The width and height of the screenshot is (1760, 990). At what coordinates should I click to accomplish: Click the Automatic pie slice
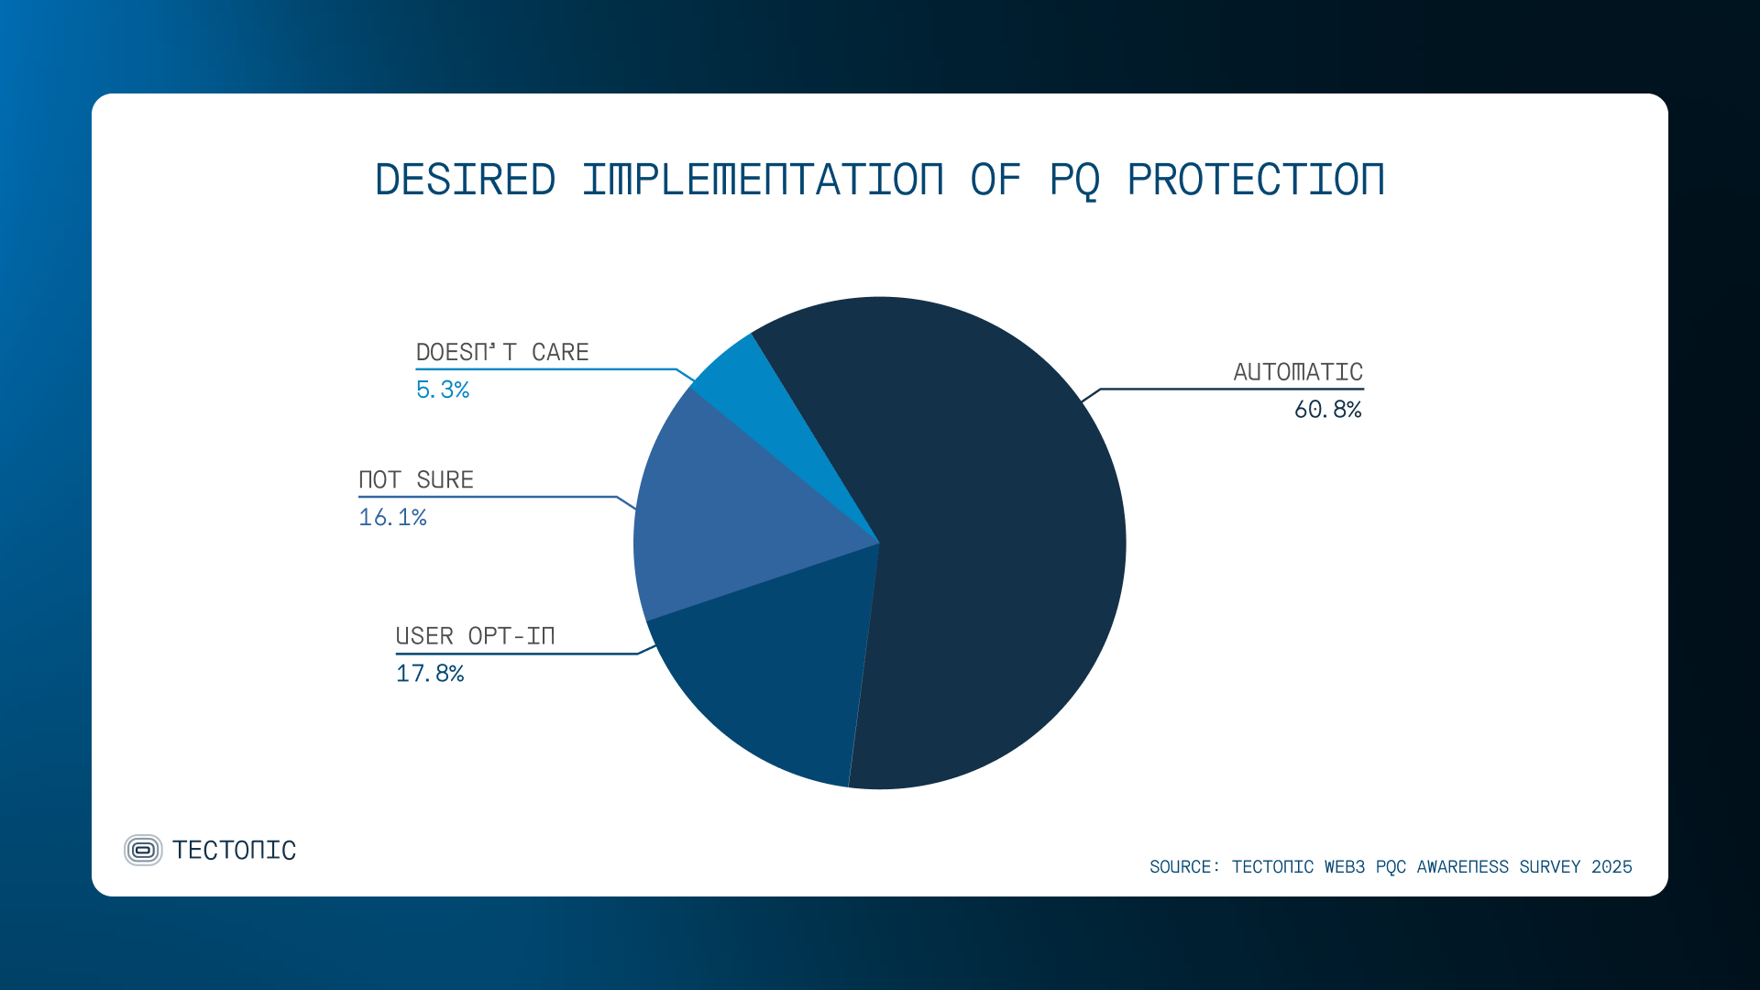pos(999,550)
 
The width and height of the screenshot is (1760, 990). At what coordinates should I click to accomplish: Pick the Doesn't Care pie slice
pos(747,385)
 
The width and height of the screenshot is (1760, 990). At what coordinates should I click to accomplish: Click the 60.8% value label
pos(1327,410)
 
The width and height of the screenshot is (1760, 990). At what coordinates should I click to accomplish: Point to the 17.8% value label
pos(430,674)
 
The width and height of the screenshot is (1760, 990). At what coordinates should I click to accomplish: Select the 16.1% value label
pos(392,518)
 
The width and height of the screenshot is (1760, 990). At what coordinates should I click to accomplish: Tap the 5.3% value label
pos(443,390)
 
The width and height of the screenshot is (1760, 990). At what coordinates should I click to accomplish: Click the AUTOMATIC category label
pos(1298,372)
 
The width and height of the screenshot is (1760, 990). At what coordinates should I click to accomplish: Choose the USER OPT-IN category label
pos(475,636)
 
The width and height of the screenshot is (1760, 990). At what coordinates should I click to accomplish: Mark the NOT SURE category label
pos(416,480)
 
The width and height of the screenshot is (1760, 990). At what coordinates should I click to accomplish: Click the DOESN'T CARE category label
pos(502,353)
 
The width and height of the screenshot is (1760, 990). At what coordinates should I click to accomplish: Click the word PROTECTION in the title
pos(1255,180)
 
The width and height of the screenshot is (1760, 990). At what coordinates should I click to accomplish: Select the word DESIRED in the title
pos(466,180)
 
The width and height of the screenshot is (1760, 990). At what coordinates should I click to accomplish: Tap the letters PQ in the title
pos(1074,180)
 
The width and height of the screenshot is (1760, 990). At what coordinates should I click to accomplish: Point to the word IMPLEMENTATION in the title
pos(763,180)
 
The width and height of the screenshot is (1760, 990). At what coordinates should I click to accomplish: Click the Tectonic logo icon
pos(143,851)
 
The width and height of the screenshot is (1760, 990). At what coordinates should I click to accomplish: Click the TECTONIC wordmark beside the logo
pos(235,851)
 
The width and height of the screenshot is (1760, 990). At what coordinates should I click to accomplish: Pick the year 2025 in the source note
pos(1611,867)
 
